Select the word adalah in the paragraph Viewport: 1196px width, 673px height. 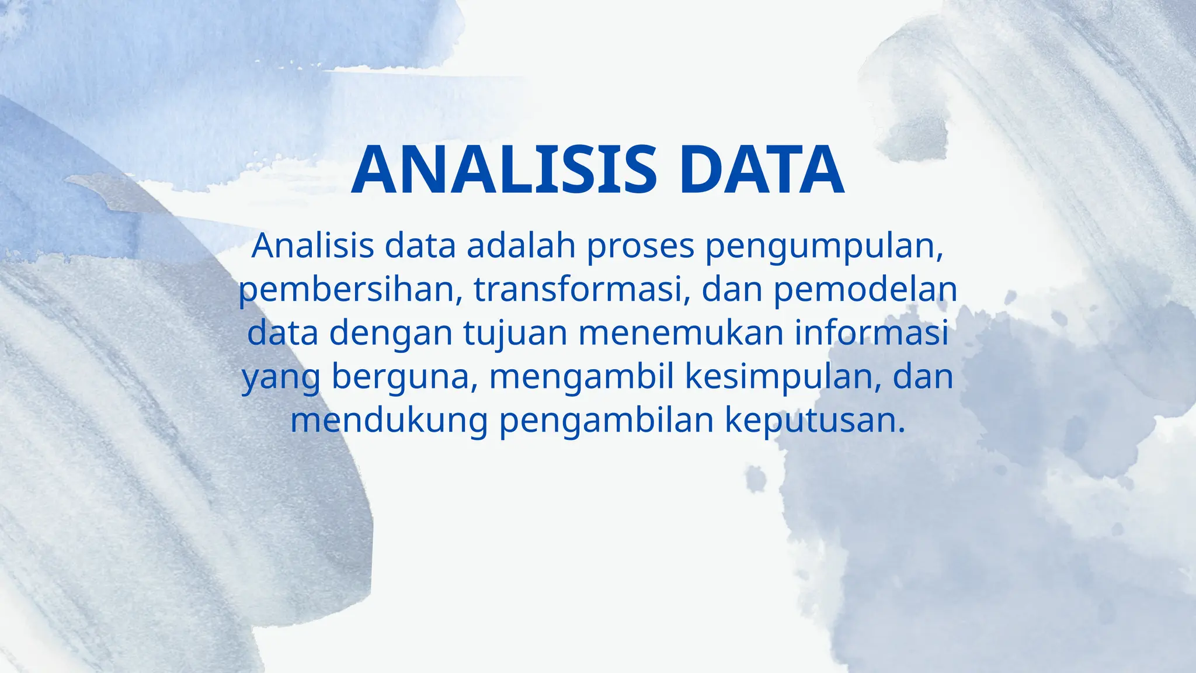(x=521, y=246)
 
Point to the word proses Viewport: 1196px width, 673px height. (x=640, y=247)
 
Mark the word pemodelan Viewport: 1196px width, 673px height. (x=865, y=290)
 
